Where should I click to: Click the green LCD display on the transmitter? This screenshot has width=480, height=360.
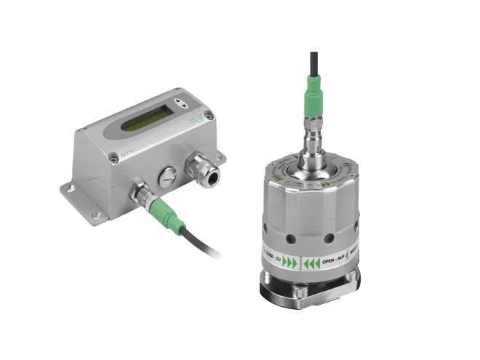click(x=143, y=120)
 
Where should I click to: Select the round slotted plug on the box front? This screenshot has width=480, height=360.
click(x=167, y=175)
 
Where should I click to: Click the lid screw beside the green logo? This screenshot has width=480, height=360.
click(x=209, y=114)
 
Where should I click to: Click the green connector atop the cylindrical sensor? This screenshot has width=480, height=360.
click(x=313, y=101)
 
